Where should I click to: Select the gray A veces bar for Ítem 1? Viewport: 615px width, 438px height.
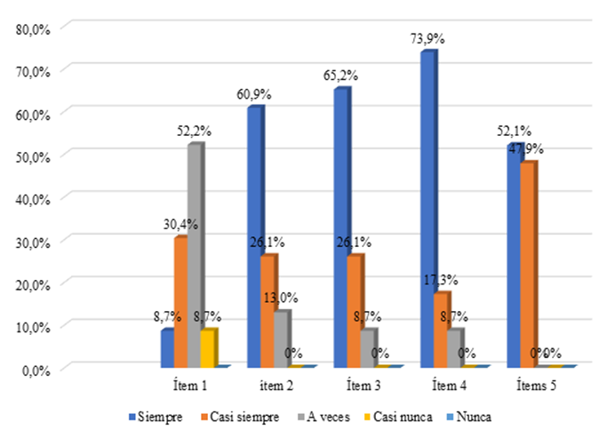tap(193, 256)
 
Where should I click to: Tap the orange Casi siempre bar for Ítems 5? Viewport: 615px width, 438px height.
tap(527, 264)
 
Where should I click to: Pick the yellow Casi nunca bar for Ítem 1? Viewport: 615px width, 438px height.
tap(207, 347)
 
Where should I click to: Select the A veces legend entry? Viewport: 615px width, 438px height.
tap(325, 416)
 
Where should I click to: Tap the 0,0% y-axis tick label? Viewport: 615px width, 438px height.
tap(35, 368)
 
